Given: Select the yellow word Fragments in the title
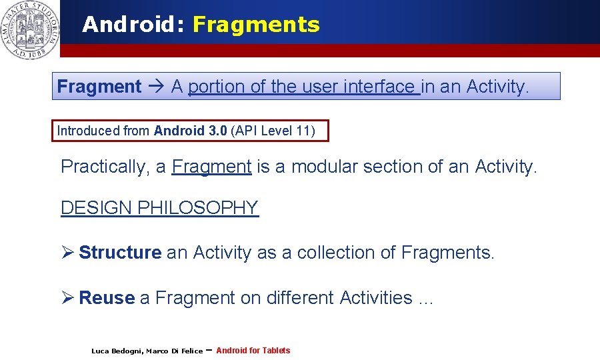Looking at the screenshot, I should click(256, 25).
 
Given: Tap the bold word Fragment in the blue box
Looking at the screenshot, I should click(99, 87).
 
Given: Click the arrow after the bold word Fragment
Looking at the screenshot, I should click(156, 87).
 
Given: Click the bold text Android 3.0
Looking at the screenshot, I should click(190, 131).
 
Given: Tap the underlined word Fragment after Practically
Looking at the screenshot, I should click(211, 167).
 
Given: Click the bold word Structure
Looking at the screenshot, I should click(120, 253).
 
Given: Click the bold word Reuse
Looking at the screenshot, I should click(107, 298).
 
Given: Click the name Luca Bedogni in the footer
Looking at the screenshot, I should click(116, 351).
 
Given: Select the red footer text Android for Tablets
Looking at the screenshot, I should click(253, 350).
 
